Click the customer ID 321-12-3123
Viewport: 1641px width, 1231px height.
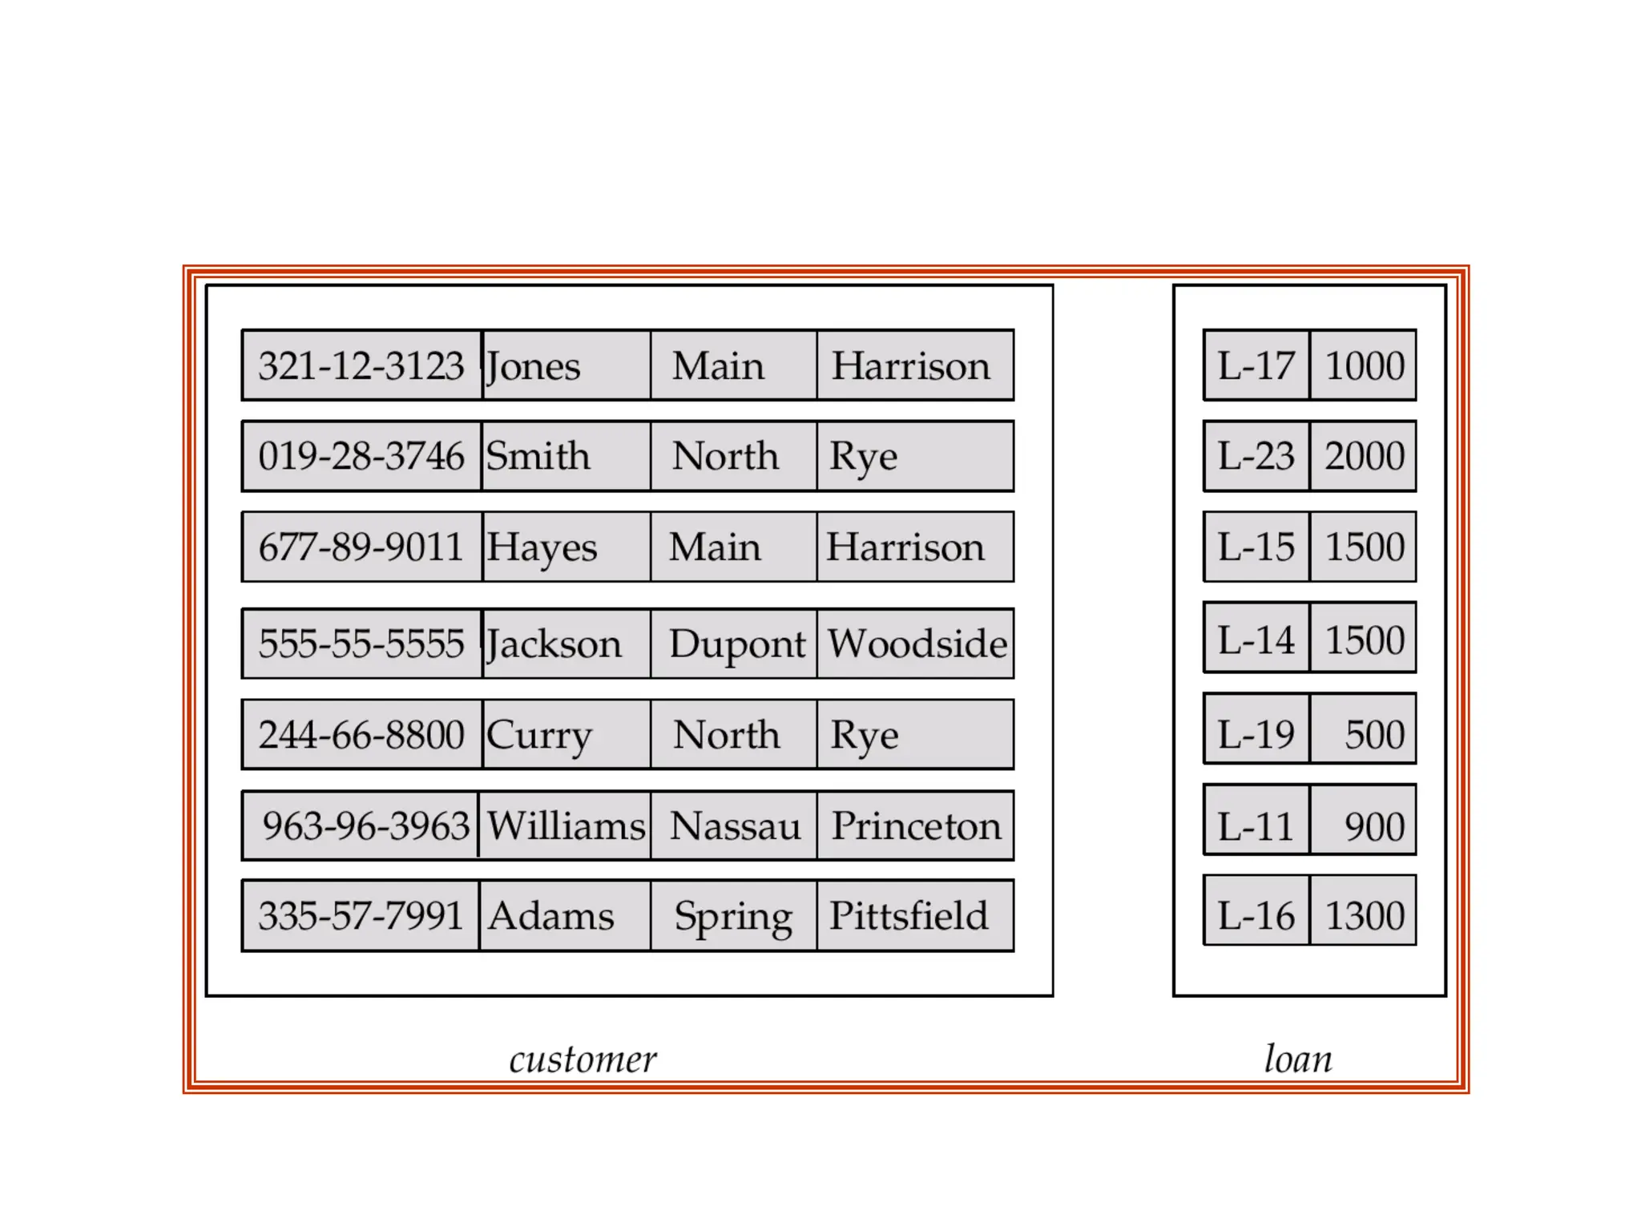(361, 365)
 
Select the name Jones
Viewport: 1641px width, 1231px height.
(534, 366)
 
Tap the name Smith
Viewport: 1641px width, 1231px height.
(538, 456)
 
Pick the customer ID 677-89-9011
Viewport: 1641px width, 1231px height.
(361, 547)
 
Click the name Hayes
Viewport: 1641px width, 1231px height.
(542, 548)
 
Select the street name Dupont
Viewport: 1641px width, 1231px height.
(736, 644)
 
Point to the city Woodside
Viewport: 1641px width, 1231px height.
(917, 644)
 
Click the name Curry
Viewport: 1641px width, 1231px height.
(538, 736)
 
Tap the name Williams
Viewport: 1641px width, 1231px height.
(566, 825)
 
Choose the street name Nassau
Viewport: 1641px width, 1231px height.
(735, 825)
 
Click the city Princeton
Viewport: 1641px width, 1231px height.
(916, 825)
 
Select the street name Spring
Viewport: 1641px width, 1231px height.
(733, 917)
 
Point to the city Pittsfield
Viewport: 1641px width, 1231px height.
(909, 916)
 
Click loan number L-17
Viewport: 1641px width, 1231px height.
(1256, 365)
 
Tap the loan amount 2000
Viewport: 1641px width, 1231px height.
(1364, 456)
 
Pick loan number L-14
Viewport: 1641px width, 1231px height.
(1256, 640)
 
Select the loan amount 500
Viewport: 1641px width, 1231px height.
(1374, 735)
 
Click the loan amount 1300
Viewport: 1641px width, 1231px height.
(1364, 916)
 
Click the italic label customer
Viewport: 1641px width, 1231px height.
(583, 1059)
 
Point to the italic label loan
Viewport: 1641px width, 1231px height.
(1298, 1059)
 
